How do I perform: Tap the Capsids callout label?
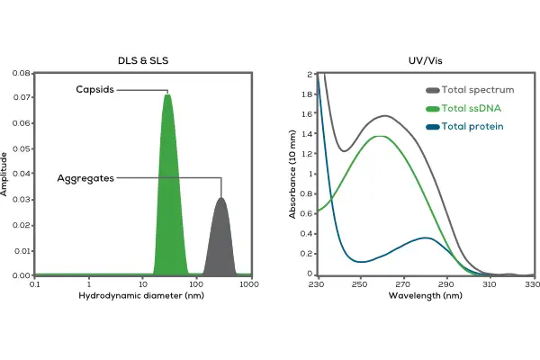[94, 90]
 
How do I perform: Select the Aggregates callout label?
[85, 178]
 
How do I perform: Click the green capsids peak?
[168, 180]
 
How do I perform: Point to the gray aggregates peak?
[220, 238]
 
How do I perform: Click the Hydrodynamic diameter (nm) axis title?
[143, 295]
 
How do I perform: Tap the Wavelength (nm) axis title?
[424, 295]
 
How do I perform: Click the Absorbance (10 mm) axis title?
[292, 174]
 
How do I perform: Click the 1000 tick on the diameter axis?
[250, 284]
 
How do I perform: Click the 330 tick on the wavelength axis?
[532, 284]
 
